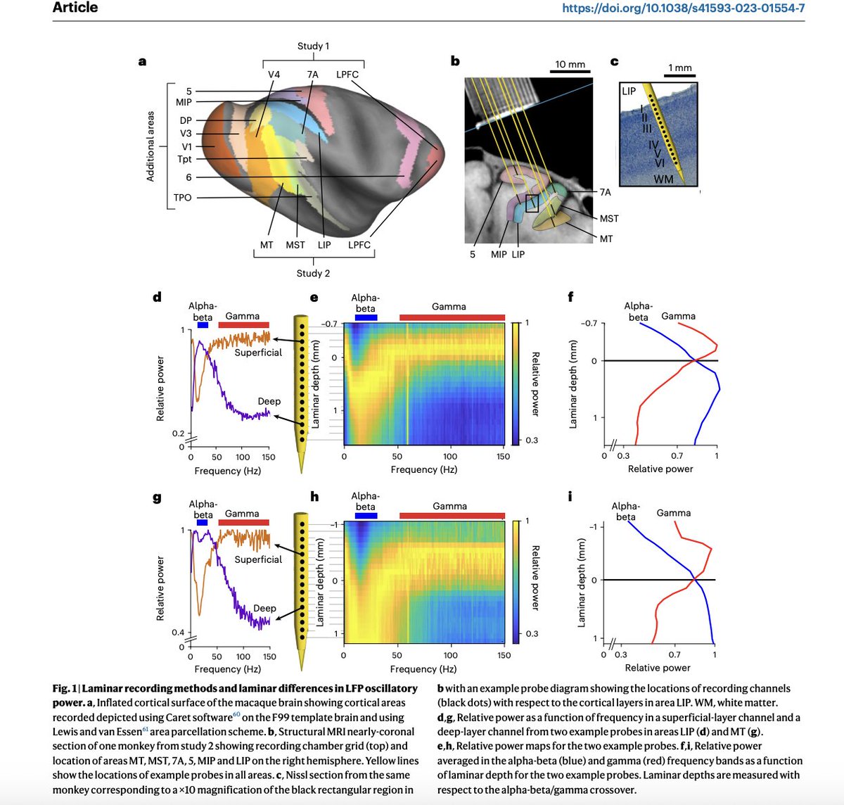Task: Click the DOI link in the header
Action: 683,8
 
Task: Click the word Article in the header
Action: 75,8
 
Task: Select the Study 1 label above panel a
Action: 313,46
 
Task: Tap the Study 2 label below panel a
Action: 313,273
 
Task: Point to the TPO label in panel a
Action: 182,198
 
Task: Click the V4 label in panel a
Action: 274,75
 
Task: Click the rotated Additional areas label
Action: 150,146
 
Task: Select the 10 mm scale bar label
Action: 570,64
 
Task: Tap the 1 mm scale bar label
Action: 679,68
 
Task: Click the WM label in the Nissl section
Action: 663,179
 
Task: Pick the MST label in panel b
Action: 609,219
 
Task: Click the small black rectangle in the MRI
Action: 532,204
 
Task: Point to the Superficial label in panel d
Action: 258,353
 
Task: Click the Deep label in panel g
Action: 264,608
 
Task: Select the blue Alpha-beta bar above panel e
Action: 366,317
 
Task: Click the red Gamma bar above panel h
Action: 452,516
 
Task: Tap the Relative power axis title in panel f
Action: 660,469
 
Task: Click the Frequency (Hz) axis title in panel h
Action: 423,669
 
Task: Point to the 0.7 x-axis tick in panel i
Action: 674,654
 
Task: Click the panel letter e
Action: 314,297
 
